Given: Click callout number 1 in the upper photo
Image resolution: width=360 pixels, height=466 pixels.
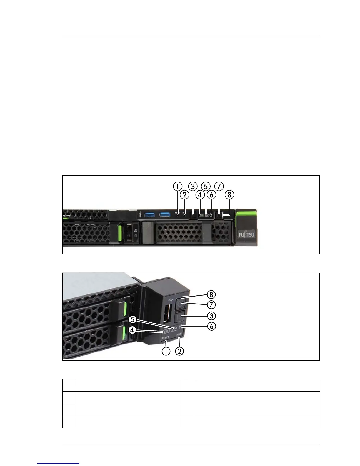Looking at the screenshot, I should click(x=177, y=186).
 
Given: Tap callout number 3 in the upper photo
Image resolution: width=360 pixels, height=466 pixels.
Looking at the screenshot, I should click(x=193, y=186).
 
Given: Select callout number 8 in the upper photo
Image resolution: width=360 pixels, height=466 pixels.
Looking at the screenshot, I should click(x=229, y=194).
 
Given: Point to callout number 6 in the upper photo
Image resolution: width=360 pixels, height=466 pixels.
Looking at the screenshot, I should click(x=211, y=194).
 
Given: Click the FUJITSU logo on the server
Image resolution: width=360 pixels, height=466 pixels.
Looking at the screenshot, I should click(x=246, y=234).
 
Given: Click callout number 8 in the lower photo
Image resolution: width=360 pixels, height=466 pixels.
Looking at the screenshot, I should click(x=211, y=294).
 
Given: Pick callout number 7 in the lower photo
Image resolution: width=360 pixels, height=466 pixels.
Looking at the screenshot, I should click(x=211, y=304).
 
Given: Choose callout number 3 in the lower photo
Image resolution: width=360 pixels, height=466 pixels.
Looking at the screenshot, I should click(x=211, y=316).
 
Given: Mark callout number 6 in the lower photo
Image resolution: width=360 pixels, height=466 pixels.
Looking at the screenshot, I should click(x=211, y=326).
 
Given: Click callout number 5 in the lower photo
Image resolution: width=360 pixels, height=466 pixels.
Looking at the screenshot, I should click(x=133, y=319).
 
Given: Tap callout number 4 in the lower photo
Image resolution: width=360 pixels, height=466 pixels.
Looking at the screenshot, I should click(x=133, y=330).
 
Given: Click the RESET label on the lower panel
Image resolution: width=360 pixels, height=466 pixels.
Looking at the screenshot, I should click(x=166, y=338).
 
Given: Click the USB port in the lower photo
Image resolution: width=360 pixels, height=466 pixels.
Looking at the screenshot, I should click(x=166, y=314).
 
